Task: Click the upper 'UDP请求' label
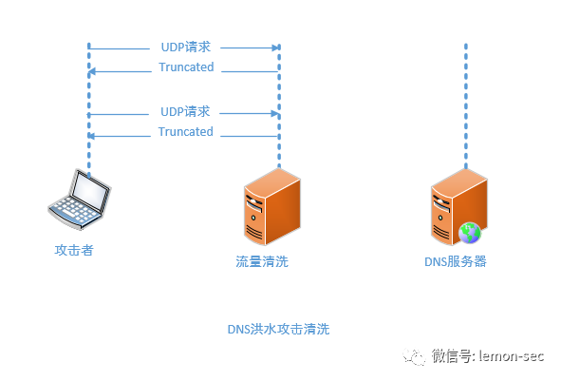(186, 47)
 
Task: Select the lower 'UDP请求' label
(185, 112)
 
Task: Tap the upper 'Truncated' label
(186, 67)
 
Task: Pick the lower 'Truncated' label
(186, 131)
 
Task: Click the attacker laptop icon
(80, 200)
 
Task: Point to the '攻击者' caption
(74, 250)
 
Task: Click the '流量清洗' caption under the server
(262, 261)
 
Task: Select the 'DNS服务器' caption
(456, 261)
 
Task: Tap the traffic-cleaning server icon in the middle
(272, 207)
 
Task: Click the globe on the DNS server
(470, 233)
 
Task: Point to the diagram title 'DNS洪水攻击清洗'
(278, 329)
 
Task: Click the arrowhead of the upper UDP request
(276, 48)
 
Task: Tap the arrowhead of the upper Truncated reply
(91, 71)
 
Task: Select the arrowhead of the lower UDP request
(275, 113)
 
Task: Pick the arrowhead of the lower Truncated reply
(91, 136)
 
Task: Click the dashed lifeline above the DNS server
(466, 106)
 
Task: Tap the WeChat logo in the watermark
(414, 356)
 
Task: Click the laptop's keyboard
(73, 210)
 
